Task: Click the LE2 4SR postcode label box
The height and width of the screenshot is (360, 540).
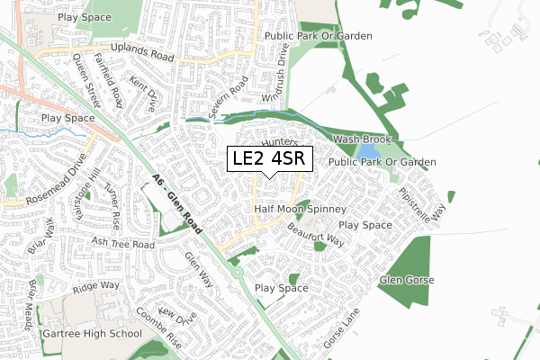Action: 270,159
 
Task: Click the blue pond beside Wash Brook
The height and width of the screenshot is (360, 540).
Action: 366,153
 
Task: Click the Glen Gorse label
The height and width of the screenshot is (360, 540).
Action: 406,280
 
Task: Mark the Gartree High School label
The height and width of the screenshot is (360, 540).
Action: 92,334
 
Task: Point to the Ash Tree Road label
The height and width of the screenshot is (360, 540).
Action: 125,243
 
